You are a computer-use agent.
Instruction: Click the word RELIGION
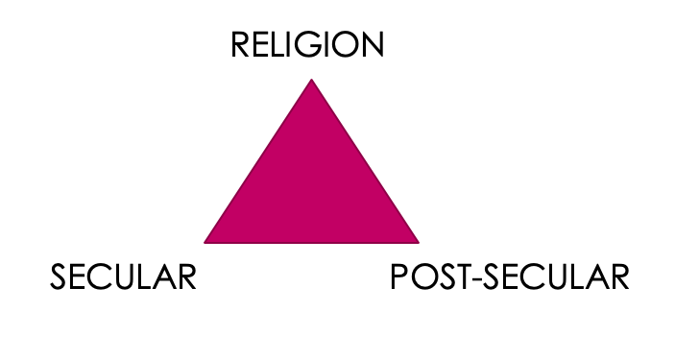(307, 45)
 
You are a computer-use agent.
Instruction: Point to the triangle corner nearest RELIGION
(311, 81)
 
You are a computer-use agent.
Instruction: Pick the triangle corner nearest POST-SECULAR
(417, 241)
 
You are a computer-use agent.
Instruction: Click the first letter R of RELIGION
(240, 45)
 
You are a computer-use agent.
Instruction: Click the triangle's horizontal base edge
(311, 241)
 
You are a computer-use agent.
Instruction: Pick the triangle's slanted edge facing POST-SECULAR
(364, 160)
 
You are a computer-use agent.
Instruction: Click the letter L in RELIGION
(282, 45)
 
